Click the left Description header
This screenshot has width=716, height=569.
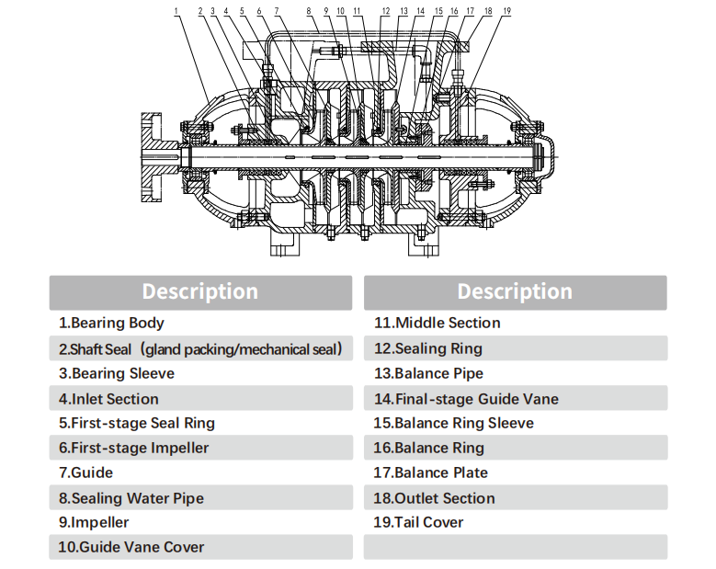point(199,292)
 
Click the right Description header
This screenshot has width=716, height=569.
point(515,292)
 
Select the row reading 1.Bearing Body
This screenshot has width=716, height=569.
point(112,323)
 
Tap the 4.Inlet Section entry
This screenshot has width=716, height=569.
point(108,399)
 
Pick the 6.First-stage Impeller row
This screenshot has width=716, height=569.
point(133,448)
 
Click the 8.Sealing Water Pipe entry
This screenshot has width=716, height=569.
point(131,498)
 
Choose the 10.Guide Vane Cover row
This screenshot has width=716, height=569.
point(131,547)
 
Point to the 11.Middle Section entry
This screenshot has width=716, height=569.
point(437,323)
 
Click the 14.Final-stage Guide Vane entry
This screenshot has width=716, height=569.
point(466,399)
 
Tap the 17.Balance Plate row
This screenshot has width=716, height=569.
point(430,472)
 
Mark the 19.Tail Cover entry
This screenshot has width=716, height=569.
point(418,522)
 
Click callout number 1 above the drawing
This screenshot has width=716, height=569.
point(176,11)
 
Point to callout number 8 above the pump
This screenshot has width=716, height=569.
point(309,11)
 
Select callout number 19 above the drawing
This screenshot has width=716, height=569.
point(507,11)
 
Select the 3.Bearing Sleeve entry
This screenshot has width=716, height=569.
point(117,373)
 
